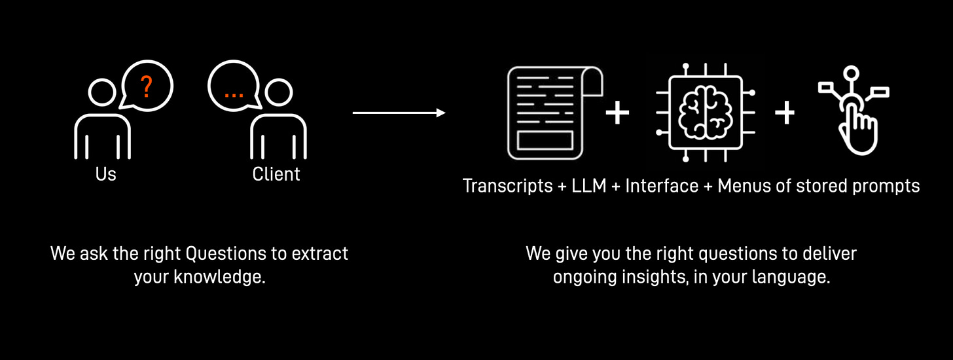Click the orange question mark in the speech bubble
[x=147, y=86]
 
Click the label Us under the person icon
[x=105, y=175]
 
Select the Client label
[x=276, y=175]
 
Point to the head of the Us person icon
[x=101, y=94]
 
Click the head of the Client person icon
[x=278, y=94]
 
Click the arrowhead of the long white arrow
[x=441, y=113]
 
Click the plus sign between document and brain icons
[x=617, y=113]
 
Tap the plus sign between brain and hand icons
[x=785, y=113]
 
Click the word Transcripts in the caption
[x=507, y=187]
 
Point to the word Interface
[x=662, y=187]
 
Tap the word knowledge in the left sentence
[x=219, y=277]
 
